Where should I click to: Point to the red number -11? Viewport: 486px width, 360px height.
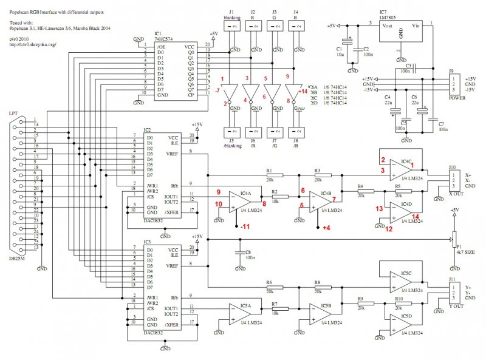point(244,227)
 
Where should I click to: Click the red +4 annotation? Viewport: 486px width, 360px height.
point(326,228)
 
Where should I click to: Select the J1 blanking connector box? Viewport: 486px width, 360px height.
point(231,27)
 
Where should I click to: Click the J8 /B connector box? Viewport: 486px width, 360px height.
point(297,132)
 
